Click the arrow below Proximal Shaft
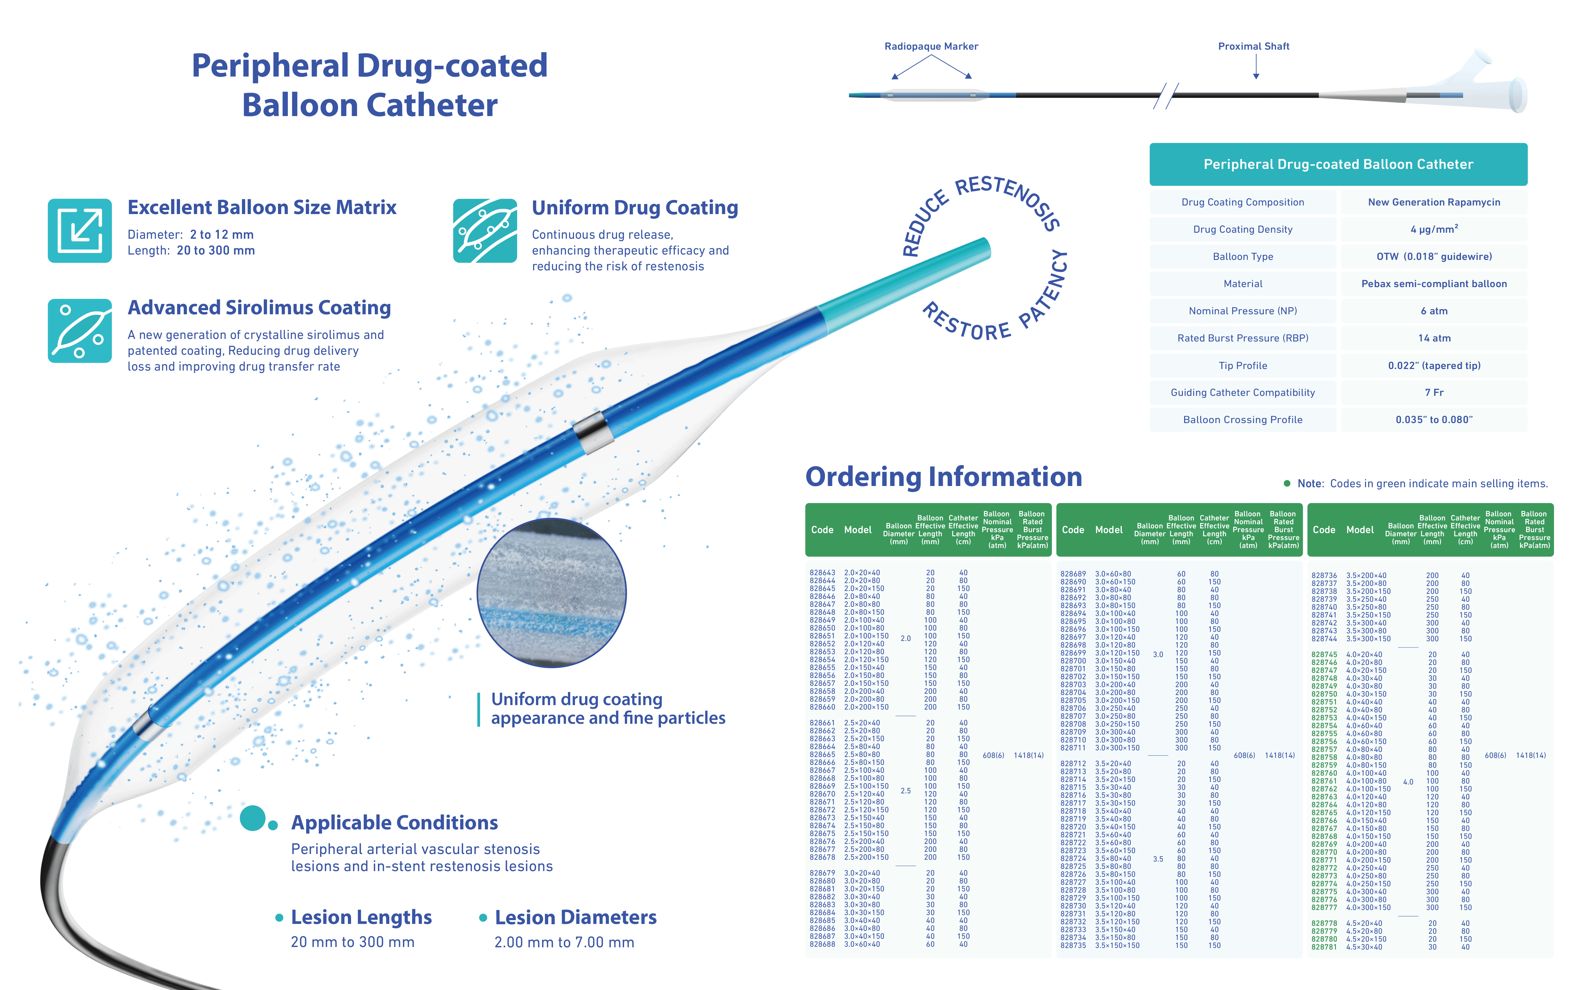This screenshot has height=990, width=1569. click(x=1256, y=66)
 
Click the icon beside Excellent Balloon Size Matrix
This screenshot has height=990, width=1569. click(x=79, y=231)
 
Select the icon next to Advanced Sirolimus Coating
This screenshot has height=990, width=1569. click(x=79, y=331)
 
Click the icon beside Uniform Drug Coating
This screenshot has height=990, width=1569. click(x=485, y=231)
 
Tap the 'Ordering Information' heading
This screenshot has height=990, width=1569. click(x=943, y=477)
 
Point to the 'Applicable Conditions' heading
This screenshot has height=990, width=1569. click(x=394, y=823)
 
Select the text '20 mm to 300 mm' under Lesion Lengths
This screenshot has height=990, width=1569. click(x=353, y=942)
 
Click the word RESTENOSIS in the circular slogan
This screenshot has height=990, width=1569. click(x=1010, y=199)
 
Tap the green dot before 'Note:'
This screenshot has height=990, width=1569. click(x=1287, y=483)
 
